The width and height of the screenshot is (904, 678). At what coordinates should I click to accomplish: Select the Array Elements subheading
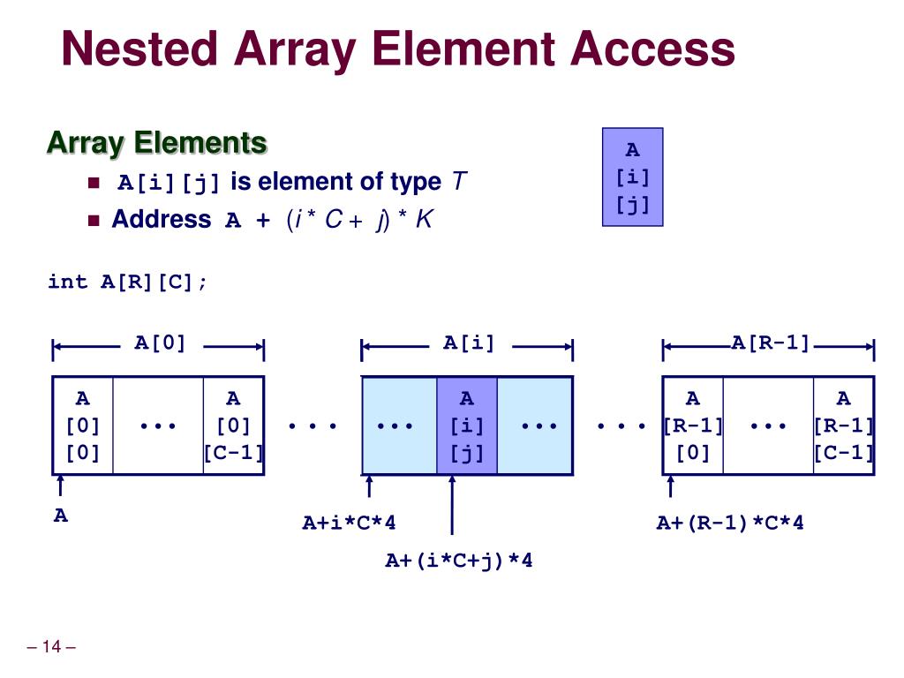156,142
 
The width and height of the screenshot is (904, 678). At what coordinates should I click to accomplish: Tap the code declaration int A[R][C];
128,282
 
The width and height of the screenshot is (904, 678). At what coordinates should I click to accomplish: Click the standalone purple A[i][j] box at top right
632,177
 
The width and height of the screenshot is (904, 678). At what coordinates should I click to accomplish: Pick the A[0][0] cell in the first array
83,426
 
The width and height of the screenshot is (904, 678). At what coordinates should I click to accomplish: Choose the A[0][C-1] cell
233,426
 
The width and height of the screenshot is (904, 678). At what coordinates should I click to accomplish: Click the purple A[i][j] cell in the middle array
467,426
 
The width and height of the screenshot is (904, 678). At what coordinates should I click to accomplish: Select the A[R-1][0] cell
693,426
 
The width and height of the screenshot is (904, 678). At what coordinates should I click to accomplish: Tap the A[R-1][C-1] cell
843,426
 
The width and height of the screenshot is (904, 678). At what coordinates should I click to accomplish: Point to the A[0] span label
160,343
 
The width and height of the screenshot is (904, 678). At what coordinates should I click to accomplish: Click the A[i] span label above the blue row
469,343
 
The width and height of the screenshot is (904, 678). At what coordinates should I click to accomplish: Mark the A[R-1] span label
770,343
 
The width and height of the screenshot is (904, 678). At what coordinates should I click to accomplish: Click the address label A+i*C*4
349,524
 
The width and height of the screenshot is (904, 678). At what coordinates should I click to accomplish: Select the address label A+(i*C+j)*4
458,561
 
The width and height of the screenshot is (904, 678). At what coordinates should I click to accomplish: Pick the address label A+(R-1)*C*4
729,524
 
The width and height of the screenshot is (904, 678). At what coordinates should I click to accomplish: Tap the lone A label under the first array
60,516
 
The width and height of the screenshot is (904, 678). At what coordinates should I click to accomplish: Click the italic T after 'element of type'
458,182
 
